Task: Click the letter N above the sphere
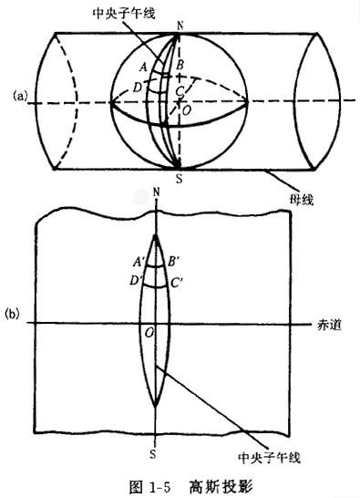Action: (x=180, y=26)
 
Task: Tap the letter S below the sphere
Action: (x=180, y=179)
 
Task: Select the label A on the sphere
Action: (x=144, y=67)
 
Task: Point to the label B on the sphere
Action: (x=180, y=66)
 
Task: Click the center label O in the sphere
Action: (x=187, y=110)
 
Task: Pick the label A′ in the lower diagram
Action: (x=139, y=262)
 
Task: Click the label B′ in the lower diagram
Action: (x=174, y=262)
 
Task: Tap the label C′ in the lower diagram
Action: (x=177, y=283)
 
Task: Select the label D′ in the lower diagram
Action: (x=137, y=281)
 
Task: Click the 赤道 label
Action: (x=329, y=325)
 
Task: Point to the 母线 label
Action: (x=302, y=200)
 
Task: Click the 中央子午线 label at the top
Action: (x=124, y=13)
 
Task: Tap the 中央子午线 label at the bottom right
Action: (x=269, y=457)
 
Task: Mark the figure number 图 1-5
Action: (x=150, y=486)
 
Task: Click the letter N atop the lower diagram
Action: (x=156, y=192)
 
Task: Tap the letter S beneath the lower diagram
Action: (x=153, y=454)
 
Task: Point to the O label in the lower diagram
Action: (x=149, y=333)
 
